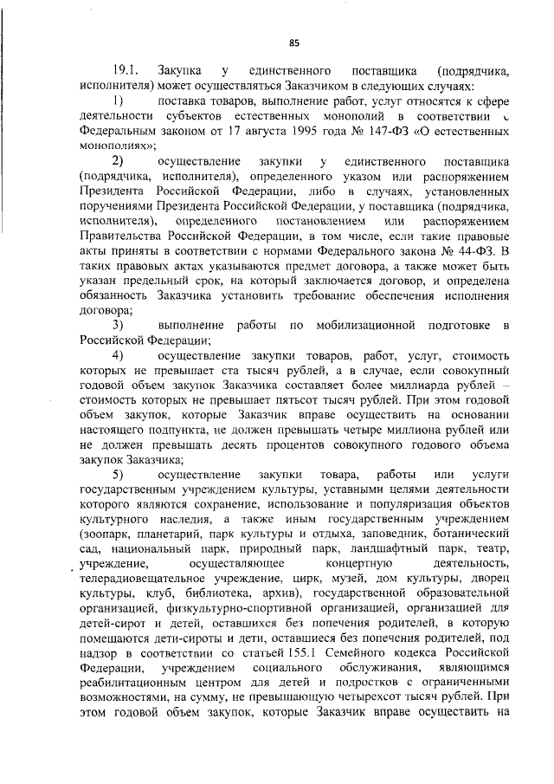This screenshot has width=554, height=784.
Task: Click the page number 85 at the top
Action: click(293, 43)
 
